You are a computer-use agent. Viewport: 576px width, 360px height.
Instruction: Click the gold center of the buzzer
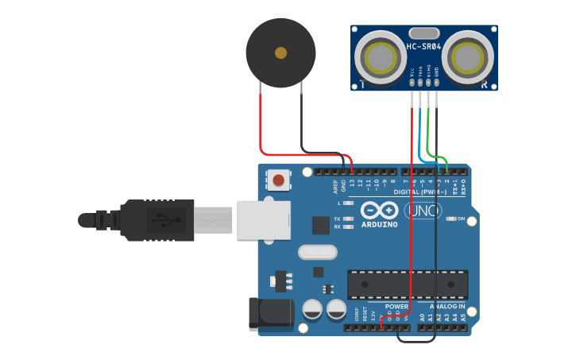[280, 53]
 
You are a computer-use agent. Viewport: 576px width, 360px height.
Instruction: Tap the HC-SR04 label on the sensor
[423, 47]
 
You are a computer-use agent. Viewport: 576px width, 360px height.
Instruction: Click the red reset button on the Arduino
[278, 180]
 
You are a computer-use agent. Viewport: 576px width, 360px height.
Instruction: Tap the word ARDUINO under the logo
[380, 225]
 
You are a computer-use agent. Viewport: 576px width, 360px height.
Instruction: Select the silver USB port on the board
[262, 218]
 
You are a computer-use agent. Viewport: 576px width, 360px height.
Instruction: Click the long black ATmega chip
[407, 284]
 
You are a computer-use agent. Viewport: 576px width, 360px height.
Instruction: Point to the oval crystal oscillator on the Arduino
[318, 253]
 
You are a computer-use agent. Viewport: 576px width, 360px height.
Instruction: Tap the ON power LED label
[460, 219]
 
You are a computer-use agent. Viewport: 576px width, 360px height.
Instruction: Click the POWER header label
[396, 306]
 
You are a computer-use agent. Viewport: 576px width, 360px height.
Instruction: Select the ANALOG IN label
[447, 306]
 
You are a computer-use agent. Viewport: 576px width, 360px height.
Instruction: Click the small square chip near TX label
[320, 225]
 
